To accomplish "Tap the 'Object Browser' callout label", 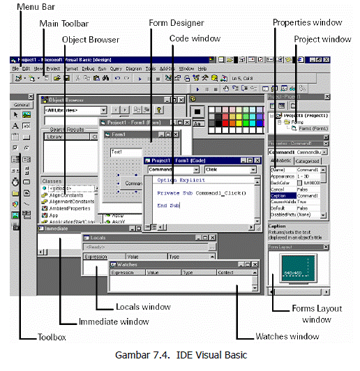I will (x=91, y=39).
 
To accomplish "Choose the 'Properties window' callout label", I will (x=308, y=22).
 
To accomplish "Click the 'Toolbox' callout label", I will (x=52, y=337).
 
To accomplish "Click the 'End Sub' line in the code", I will (x=169, y=205).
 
